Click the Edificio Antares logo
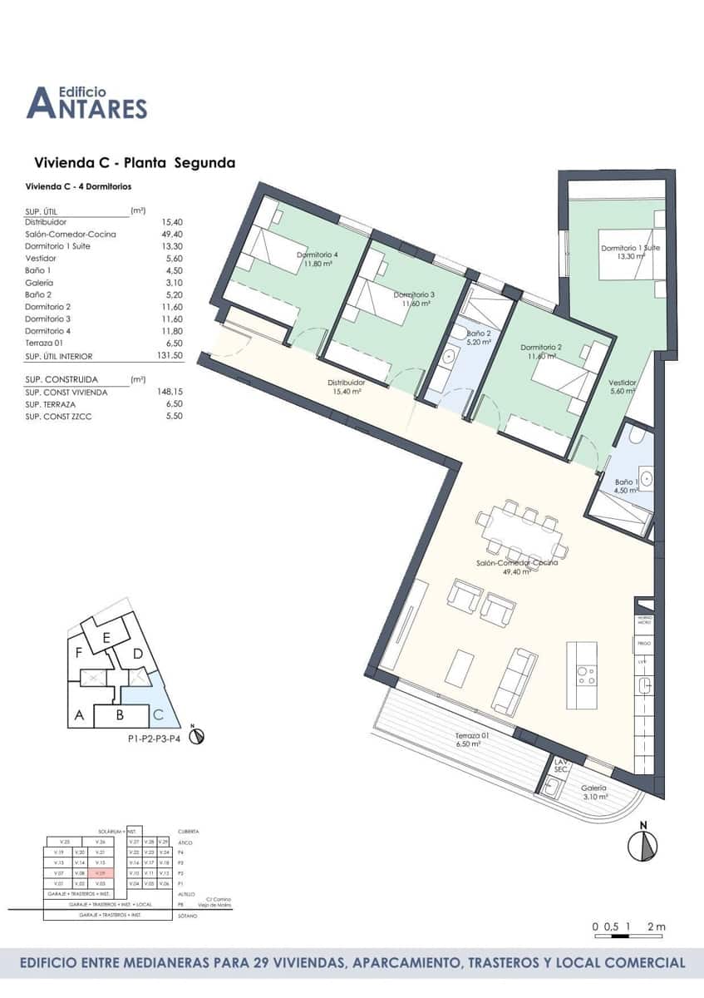(86, 101)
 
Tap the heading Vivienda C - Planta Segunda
(134, 163)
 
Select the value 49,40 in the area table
(170, 235)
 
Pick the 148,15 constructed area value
(169, 391)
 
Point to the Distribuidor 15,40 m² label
(346, 387)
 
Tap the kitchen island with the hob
(583, 674)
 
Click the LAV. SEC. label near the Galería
(561, 766)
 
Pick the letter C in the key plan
(158, 714)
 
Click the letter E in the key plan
(106, 637)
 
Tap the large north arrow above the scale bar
(644, 845)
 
